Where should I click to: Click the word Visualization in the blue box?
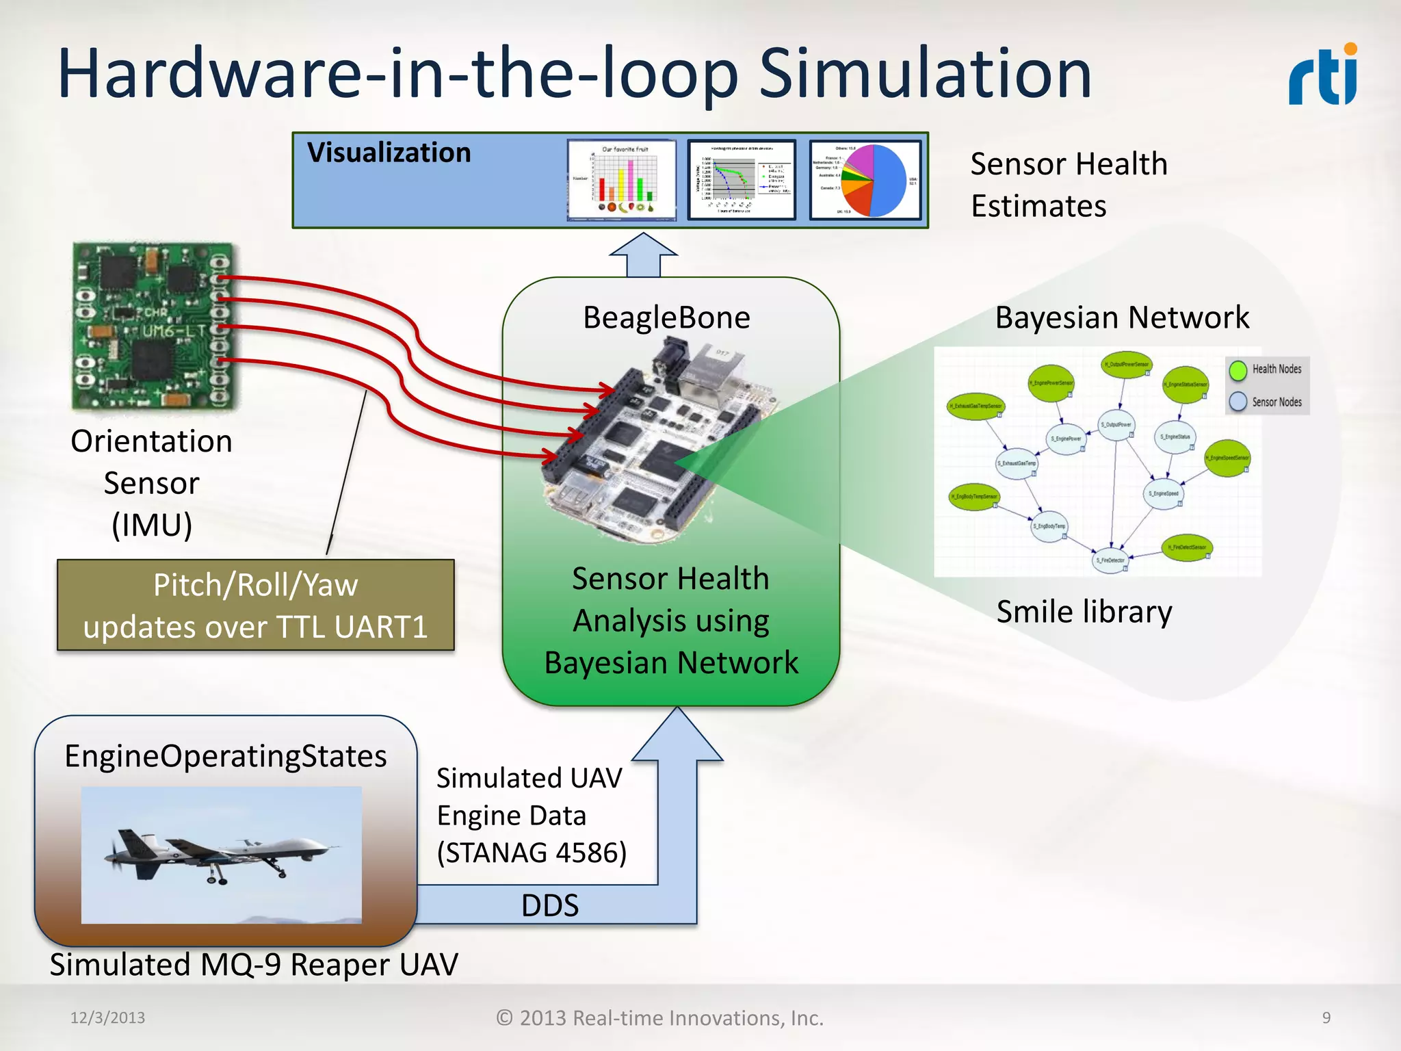pos(389,153)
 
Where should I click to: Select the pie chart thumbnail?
pos(865,180)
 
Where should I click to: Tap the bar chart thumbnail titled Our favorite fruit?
pos(622,180)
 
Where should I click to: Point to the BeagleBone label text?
pos(666,317)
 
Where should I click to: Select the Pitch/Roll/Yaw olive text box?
pos(255,605)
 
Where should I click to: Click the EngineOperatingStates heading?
pos(225,756)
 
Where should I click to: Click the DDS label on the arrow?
pos(549,905)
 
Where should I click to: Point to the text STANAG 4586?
pos(532,853)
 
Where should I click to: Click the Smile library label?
pos(1084,611)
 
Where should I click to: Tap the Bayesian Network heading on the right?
pos(1122,317)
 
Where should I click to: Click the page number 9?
pos(1326,1017)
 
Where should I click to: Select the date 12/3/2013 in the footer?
pos(107,1017)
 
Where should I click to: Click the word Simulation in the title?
pos(925,74)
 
